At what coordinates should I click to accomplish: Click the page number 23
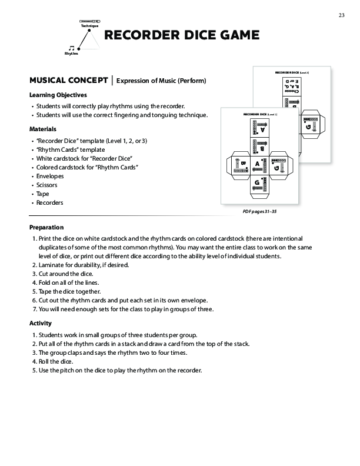pos(341,15)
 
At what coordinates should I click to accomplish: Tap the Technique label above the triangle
pos(90,27)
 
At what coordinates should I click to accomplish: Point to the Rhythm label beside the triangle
pos(71,54)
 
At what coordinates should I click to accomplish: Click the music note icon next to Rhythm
pos(72,47)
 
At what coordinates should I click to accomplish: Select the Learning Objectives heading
pos(58,95)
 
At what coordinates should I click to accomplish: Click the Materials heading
pos(43,129)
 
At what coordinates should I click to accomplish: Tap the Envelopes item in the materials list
pos(50,175)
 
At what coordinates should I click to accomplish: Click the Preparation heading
pos(46,228)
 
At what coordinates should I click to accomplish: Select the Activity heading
pos(41,323)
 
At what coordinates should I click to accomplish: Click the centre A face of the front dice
pos(258,165)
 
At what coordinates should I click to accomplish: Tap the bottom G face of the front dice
pos(257,185)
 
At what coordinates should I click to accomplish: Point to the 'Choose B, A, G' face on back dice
pos(292,89)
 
